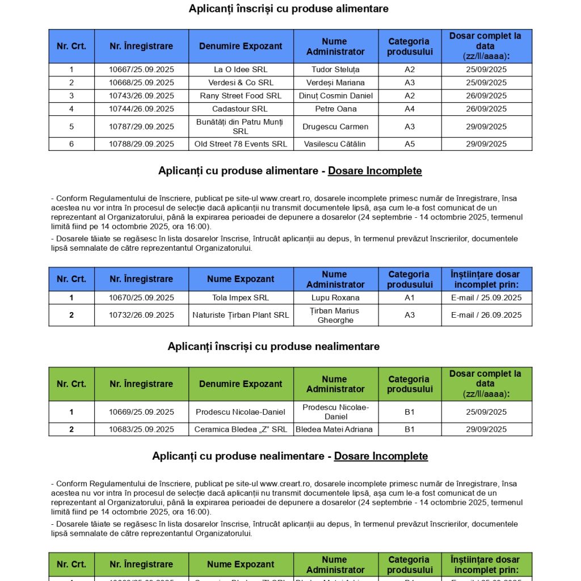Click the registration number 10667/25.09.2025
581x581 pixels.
(141, 70)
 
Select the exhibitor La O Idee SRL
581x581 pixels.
(241, 70)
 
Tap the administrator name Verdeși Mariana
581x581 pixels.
(336, 83)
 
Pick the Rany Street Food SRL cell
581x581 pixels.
(241, 96)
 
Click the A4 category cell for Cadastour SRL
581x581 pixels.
(410, 109)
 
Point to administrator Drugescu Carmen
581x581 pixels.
(336, 127)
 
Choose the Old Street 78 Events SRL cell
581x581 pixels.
(241, 144)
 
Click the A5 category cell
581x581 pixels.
(410, 144)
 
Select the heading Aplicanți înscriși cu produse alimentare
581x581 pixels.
(289, 9)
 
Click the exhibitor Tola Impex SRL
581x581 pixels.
(241, 298)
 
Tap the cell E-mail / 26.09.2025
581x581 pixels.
(486, 315)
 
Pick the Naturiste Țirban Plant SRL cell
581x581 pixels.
(241, 315)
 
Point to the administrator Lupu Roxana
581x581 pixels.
(336, 298)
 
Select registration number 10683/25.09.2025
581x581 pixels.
(141, 430)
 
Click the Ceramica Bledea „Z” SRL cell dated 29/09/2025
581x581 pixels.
(241, 430)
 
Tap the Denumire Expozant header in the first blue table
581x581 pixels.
(241, 47)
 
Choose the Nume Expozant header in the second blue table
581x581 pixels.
(241, 279)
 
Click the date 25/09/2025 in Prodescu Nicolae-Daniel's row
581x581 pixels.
(486, 412)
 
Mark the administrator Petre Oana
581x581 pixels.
(336, 109)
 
